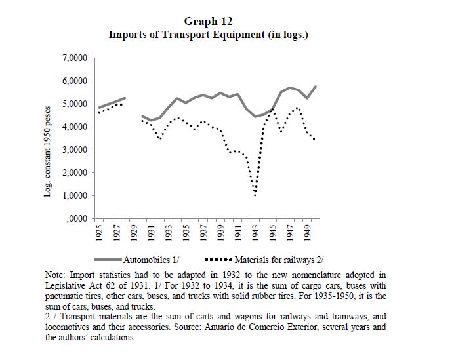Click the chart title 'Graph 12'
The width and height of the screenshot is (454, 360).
[x=209, y=22]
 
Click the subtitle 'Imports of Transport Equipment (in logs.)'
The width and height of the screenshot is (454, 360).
[x=209, y=34]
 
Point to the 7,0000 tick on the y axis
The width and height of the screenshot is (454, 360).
[x=74, y=58]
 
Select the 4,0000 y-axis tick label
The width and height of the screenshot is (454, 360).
[x=74, y=127]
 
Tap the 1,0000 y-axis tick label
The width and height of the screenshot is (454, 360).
[x=74, y=195]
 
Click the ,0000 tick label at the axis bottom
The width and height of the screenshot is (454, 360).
[x=76, y=218]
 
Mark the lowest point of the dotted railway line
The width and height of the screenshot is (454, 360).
[x=255, y=195]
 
